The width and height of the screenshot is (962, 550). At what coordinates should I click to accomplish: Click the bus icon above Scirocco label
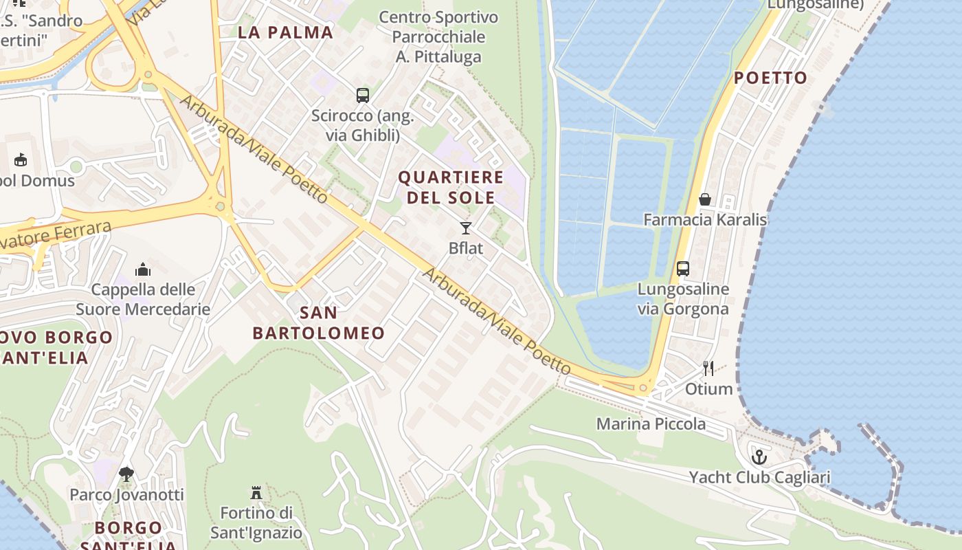tap(362, 95)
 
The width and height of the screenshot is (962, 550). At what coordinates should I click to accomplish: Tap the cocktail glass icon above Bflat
tap(466, 228)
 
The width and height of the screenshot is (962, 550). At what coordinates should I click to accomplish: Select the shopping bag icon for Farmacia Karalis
tap(705, 199)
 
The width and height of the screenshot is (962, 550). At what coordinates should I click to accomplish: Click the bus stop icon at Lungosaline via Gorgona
tap(682, 269)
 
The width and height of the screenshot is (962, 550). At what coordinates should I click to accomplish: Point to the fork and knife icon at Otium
tap(708, 368)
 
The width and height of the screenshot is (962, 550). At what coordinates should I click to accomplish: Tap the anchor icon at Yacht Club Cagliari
tap(759, 456)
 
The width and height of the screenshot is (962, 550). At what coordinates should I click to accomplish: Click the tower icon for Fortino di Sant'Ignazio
tap(256, 492)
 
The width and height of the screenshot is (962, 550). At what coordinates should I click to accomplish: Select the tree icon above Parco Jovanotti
tap(126, 474)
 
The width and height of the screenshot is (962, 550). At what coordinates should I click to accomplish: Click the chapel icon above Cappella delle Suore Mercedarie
tap(143, 269)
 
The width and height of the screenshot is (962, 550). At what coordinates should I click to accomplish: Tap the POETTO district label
tap(770, 78)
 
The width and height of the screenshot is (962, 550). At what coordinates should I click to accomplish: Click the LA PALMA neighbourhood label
tap(285, 32)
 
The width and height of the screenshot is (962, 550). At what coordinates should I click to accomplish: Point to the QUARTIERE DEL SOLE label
tap(451, 187)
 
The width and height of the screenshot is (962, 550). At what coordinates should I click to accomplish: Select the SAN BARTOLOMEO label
tap(319, 323)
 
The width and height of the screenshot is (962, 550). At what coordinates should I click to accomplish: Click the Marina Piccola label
tap(651, 423)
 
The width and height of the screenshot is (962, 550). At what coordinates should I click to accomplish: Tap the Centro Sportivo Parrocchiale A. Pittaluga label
tap(439, 36)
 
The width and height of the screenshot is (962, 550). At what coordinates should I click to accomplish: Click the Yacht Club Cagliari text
tap(759, 477)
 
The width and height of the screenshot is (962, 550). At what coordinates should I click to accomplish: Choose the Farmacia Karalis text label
tap(705, 220)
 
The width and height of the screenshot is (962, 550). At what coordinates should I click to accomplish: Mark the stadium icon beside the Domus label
tap(21, 160)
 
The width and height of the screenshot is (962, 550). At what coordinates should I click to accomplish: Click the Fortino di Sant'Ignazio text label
tap(256, 522)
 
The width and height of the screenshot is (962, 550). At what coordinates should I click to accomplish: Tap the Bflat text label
tap(466, 248)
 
